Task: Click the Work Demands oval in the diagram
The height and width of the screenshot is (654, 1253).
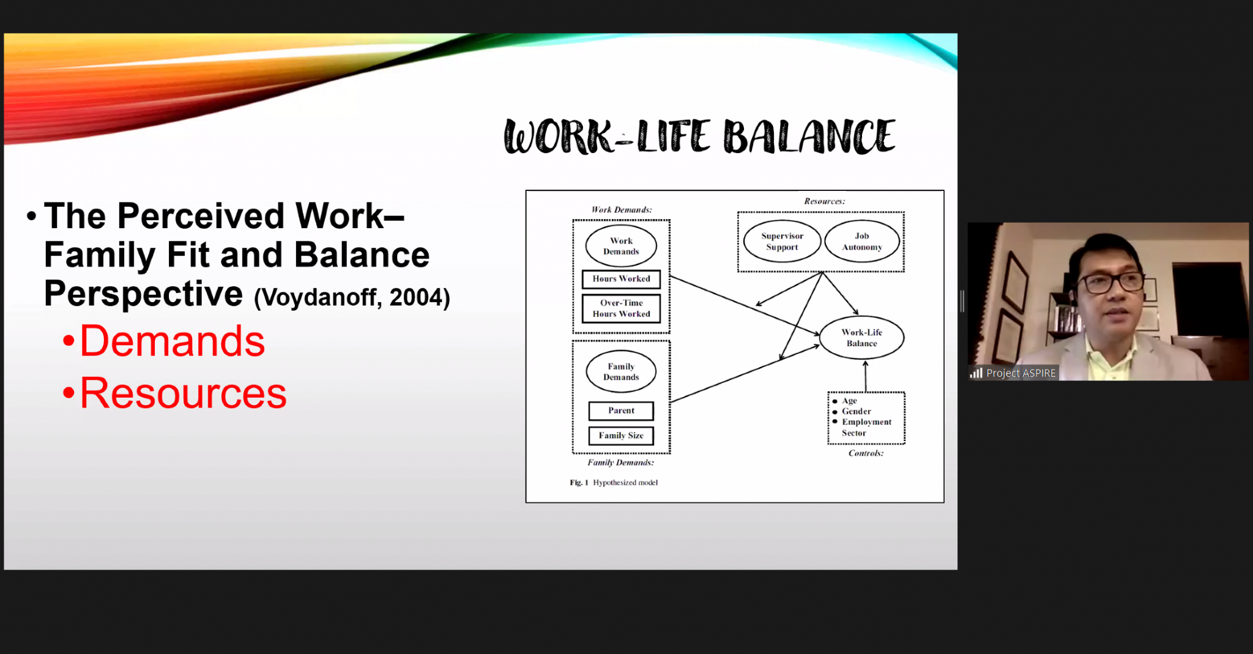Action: [x=621, y=246]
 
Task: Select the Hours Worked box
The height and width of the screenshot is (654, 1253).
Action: [x=621, y=279]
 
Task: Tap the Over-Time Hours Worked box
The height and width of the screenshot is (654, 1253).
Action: [x=621, y=308]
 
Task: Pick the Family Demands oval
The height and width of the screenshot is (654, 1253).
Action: [x=621, y=371]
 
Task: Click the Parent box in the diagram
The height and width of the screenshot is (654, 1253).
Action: [x=621, y=411]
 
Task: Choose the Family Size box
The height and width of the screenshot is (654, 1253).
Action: [x=621, y=436]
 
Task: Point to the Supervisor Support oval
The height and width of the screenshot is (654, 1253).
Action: [x=782, y=242]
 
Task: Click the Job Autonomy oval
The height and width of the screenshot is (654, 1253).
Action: [x=862, y=242]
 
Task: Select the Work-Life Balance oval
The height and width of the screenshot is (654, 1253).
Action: [x=861, y=338]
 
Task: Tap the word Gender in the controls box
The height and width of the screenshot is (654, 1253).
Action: [x=856, y=412]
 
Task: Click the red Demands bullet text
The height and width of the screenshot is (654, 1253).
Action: [x=172, y=341]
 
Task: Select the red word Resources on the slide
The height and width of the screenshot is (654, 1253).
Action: [x=183, y=393]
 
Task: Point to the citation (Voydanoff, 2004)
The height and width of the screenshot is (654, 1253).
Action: [x=352, y=297]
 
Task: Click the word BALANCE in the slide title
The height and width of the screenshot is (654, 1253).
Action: [x=809, y=136]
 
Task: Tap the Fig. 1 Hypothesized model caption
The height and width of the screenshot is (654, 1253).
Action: [x=614, y=483]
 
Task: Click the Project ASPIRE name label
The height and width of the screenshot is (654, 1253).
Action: [x=1021, y=373]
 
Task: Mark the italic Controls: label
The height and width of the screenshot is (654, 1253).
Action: [x=866, y=453]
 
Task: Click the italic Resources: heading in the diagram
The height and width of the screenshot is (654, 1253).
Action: [x=824, y=201]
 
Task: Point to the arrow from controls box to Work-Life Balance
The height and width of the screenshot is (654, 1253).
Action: [x=865, y=376]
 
